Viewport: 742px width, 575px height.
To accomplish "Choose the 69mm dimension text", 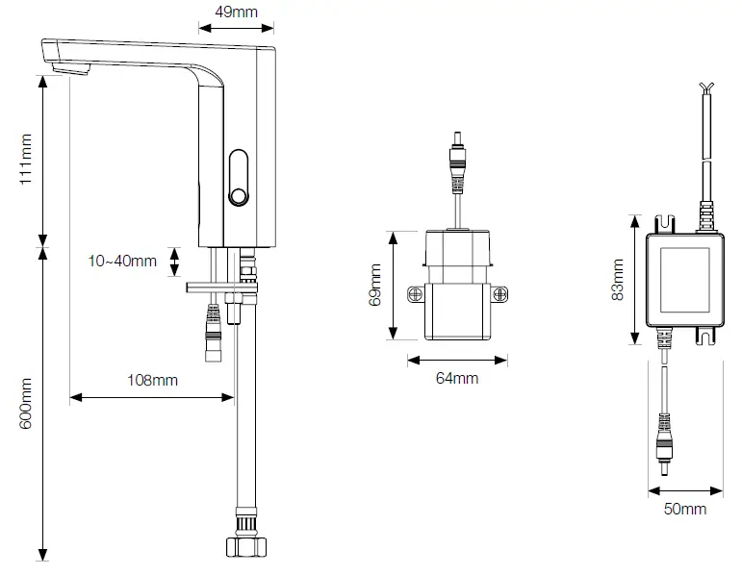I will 375,285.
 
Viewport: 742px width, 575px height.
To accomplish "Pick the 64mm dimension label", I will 456,378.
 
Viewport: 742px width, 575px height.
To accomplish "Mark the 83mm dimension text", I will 618,280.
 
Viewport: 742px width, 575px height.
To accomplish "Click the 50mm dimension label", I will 686,508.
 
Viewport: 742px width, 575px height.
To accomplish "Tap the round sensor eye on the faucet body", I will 237,198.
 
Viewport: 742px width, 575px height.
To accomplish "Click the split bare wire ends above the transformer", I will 708,90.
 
